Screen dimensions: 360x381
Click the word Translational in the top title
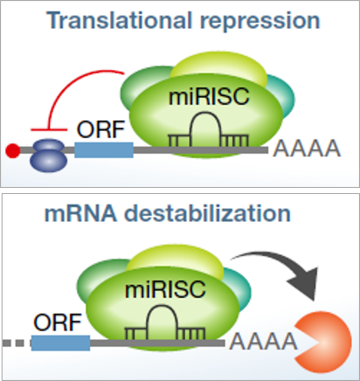click(120, 20)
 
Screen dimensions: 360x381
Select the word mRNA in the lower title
click(80, 213)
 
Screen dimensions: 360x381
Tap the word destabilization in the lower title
click(208, 213)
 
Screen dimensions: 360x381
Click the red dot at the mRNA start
click(13, 151)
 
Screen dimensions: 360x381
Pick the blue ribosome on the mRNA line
click(49, 156)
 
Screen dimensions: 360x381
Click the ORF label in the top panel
click(100, 129)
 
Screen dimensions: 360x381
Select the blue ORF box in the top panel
click(104, 150)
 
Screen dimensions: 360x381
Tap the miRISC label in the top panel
click(209, 97)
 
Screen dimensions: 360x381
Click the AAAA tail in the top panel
click(307, 149)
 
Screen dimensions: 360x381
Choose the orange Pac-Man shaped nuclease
click(323, 342)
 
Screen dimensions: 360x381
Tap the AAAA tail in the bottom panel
click(264, 342)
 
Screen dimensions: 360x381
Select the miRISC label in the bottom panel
click(165, 290)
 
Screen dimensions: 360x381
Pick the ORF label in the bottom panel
click(58, 322)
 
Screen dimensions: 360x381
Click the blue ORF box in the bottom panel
click(60, 343)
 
